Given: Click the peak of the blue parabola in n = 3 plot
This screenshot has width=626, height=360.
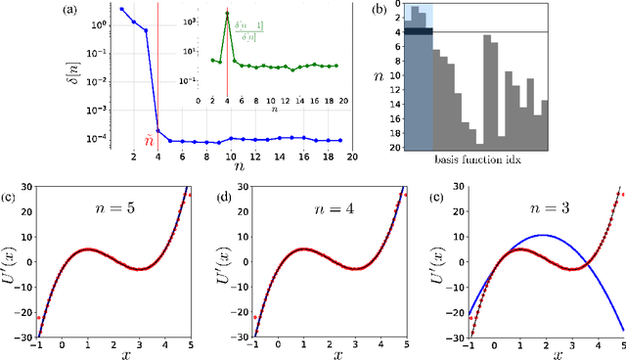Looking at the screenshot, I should pyautogui.click(x=545, y=235).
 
